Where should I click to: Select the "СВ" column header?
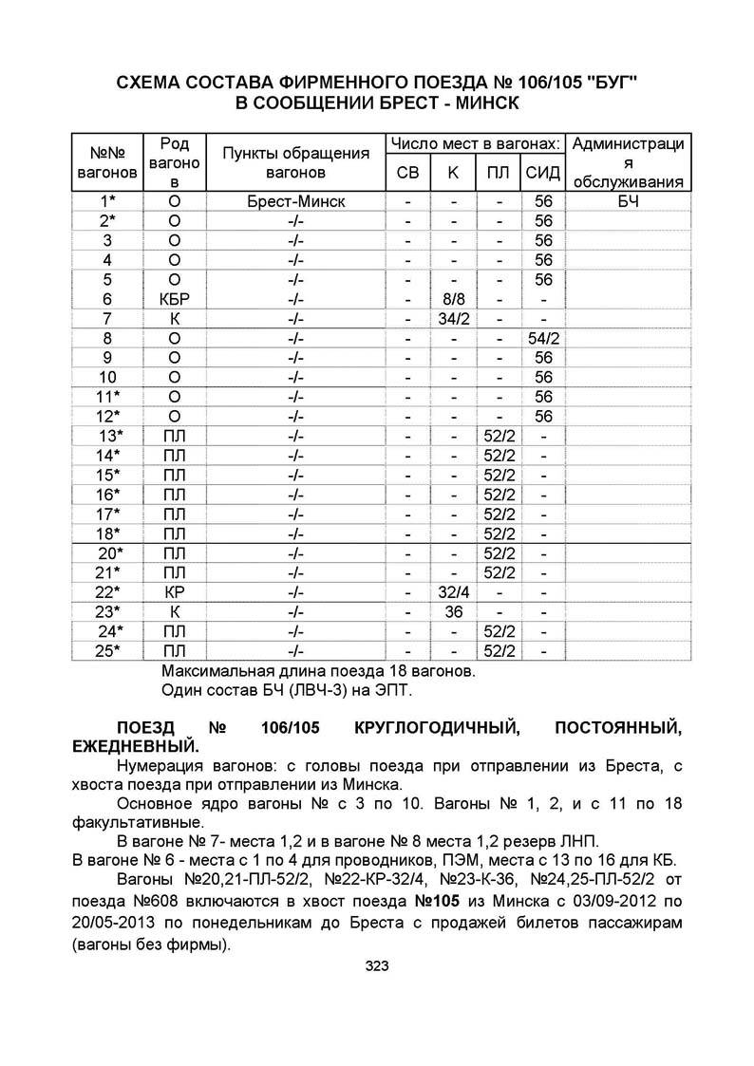(x=406, y=172)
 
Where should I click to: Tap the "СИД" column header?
(x=543, y=172)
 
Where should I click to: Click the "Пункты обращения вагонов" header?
(x=295, y=162)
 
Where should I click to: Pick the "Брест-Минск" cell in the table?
(x=295, y=201)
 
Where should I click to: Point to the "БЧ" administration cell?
(x=627, y=201)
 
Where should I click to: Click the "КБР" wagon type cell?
(x=174, y=299)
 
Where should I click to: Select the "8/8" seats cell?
(x=453, y=299)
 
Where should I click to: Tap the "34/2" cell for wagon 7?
(x=453, y=318)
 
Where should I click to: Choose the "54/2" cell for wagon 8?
(x=543, y=338)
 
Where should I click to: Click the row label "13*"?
(x=110, y=436)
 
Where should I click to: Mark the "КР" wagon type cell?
(x=174, y=592)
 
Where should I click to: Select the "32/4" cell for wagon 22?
(x=453, y=592)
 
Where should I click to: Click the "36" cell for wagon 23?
(x=453, y=612)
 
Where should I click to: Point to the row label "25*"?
(x=110, y=651)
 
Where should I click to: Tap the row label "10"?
(x=107, y=377)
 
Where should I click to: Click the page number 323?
(x=377, y=966)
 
